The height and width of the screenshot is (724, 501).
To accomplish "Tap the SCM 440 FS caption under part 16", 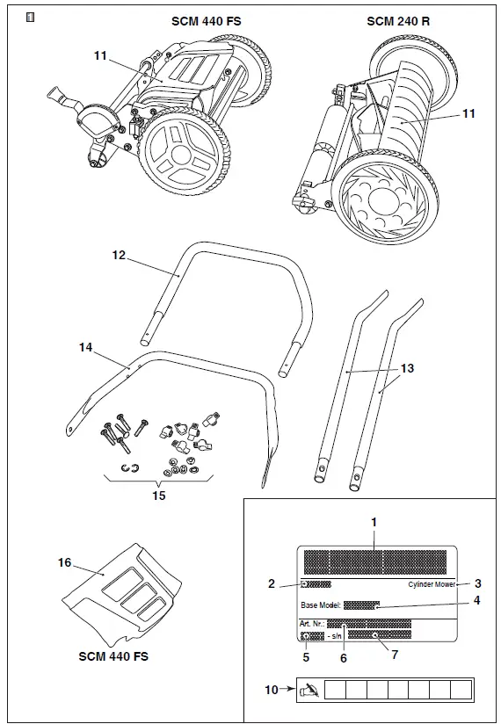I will (114, 655).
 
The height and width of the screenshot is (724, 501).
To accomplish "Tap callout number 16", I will (65, 562).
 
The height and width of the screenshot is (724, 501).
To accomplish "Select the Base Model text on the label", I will (319, 605).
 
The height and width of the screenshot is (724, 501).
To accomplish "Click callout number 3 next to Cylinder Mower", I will (477, 583).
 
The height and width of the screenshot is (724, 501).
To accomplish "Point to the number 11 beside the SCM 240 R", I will (468, 114).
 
